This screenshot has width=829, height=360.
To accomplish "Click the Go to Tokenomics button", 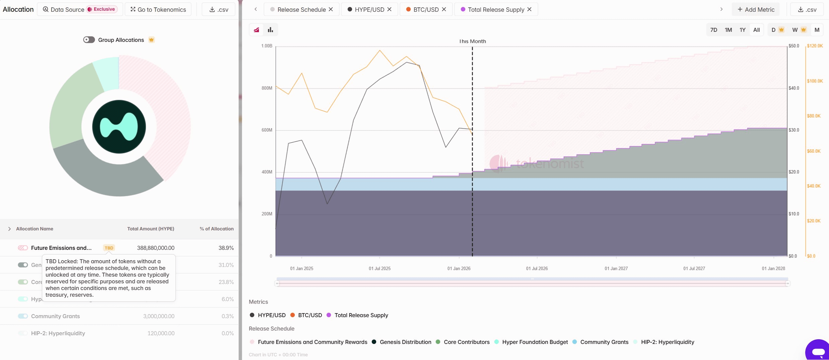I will (158, 9).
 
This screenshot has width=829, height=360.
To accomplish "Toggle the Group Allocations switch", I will (89, 40).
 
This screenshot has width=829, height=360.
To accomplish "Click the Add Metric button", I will (756, 9).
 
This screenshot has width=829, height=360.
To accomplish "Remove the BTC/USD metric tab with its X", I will (444, 9).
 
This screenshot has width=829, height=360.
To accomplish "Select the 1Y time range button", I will (742, 30).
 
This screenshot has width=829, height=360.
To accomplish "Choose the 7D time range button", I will (713, 30).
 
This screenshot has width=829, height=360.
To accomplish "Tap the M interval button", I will (817, 30).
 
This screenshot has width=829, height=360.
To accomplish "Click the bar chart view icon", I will (270, 30).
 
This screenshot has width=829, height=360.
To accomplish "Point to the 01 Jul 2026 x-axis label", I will (537, 269).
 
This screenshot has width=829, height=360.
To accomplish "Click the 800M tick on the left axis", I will (267, 88).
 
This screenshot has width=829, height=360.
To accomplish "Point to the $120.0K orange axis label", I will (815, 46).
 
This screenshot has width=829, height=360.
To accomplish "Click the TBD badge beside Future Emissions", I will (109, 248).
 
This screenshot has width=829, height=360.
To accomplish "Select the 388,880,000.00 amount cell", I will (155, 248).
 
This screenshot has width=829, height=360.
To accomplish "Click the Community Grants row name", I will (55, 316).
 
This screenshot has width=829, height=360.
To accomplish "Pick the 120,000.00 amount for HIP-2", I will (161, 333).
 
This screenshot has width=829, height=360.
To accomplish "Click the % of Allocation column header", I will (216, 229).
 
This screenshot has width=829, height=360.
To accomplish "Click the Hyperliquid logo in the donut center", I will (119, 127).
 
